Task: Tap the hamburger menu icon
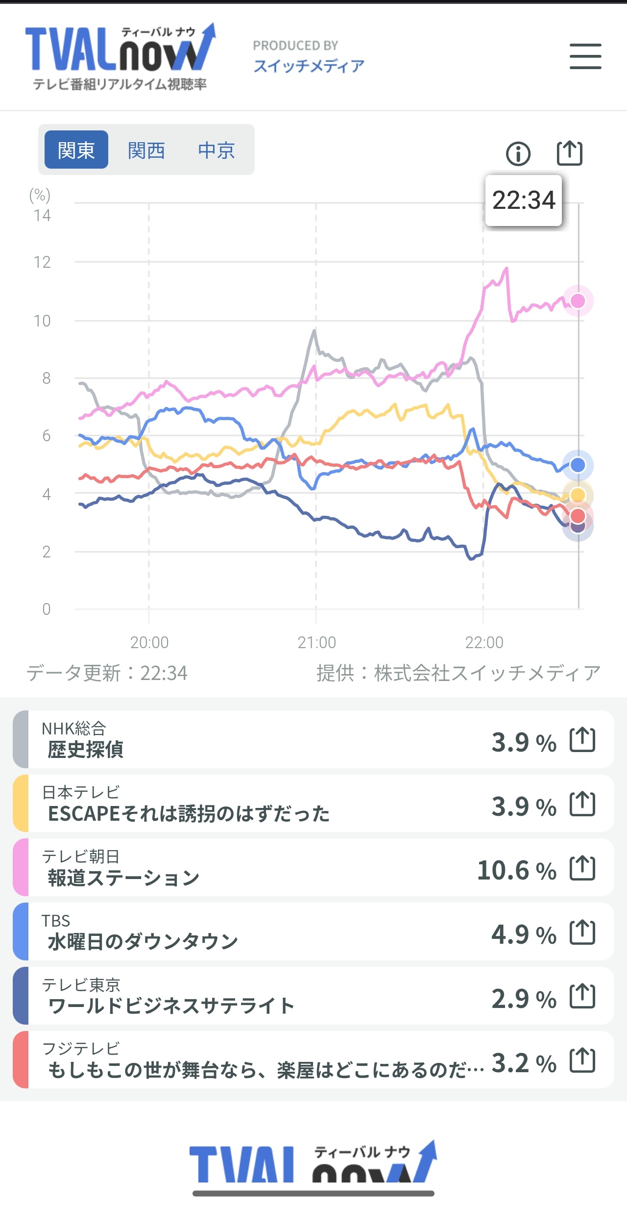click(x=585, y=56)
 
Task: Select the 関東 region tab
click(x=76, y=150)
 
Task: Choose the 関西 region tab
click(x=146, y=150)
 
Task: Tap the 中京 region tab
click(x=217, y=150)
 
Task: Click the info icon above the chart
click(x=518, y=154)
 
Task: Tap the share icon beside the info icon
click(x=570, y=153)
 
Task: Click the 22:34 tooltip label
click(x=523, y=201)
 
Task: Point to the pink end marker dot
click(x=578, y=301)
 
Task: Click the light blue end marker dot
click(x=578, y=465)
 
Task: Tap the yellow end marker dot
click(x=578, y=495)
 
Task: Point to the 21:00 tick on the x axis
click(x=316, y=642)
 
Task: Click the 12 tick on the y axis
click(x=43, y=262)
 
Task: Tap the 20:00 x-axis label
click(x=149, y=642)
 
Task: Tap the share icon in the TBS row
click(x=582, y=932)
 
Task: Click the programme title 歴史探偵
click(x=86, y=750)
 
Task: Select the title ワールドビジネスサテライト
click(x=171, y=1006)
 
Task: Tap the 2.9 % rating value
click(x=524, y=999)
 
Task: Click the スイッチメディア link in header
click(x=309, y=66)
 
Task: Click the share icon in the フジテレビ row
click(x=582, y=1060)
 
